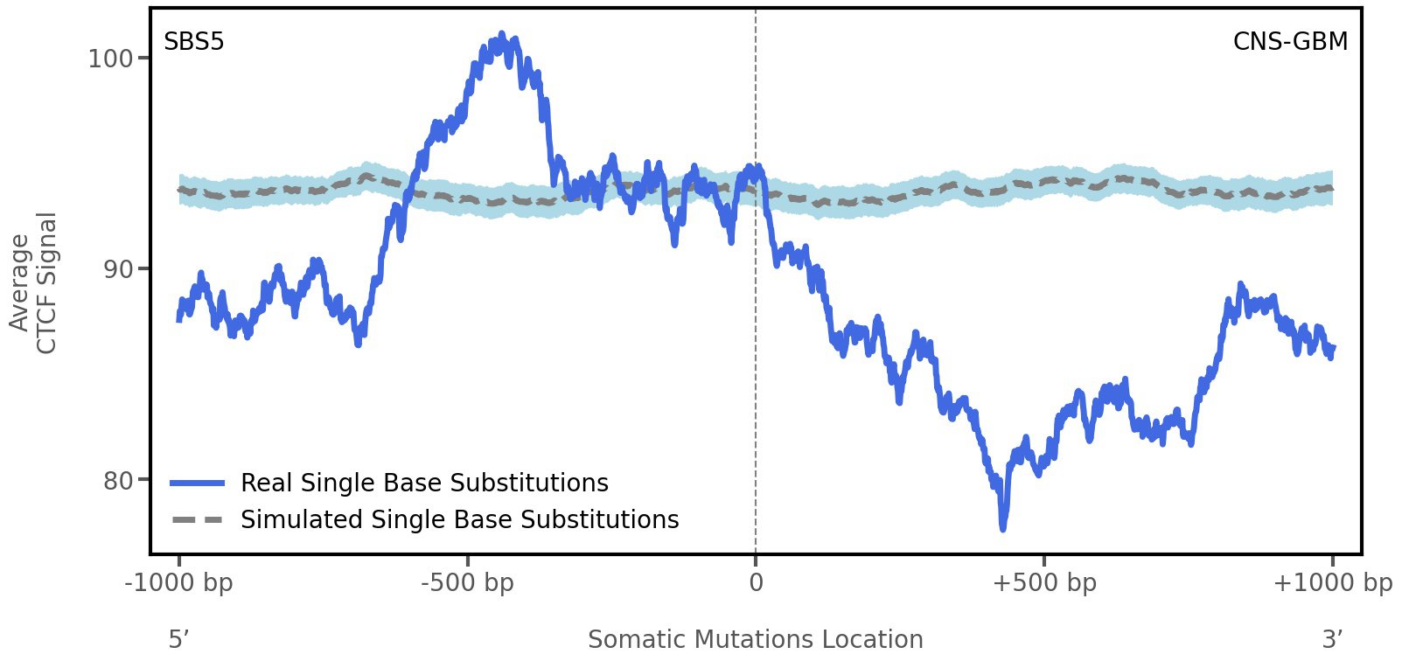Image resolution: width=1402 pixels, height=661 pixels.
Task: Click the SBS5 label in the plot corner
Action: point(194,42)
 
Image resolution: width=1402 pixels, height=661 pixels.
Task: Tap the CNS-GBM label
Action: point(1290,42)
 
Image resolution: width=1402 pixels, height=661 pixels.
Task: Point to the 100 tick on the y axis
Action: point(110,59)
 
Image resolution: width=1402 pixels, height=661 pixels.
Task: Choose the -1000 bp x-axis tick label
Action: point(179,583)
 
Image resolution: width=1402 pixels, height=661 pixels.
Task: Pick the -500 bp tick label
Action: point(467,583)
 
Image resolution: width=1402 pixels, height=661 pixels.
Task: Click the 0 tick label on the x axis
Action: point(756,583)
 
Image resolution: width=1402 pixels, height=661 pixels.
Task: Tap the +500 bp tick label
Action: point(1044,583)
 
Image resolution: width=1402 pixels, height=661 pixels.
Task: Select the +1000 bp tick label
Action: point(1332,583)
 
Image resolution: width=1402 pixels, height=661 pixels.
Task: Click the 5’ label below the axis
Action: point(178,640)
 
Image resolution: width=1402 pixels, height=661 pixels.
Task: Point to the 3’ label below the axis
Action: point(1332,640)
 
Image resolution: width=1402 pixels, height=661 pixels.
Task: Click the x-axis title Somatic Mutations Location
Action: point(755,640)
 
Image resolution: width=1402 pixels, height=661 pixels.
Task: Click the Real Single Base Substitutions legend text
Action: point(424,484)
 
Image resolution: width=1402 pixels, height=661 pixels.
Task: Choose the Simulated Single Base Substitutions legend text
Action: point(459,520)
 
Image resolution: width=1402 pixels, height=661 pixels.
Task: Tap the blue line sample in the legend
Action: point(199,484)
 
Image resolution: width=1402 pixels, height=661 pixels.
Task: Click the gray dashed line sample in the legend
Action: point(199,520)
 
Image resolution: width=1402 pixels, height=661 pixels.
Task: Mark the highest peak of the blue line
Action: point(501,36)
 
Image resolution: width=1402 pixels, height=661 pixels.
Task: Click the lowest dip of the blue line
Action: point(1003,527)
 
